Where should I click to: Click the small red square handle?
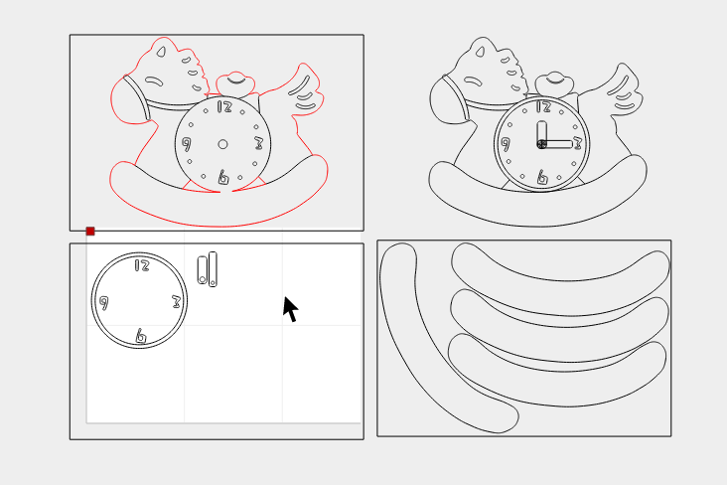pos(90,232)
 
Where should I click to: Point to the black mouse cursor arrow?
pos(290,309)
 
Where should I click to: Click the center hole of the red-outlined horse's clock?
pos(222,144)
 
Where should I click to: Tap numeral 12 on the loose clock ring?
pos(142,265)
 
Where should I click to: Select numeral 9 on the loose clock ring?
pos(104,303)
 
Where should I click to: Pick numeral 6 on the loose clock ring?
pos(140,336)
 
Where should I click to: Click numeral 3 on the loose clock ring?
pos(176,302)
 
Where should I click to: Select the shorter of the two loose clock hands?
pos(203,269)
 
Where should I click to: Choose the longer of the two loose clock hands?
pos(213,269)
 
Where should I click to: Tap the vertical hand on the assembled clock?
pos(541,134)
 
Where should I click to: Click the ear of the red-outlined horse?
pos(161,52)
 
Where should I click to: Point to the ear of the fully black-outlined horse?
pos(480,52)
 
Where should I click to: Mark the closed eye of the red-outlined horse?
pos(154,81)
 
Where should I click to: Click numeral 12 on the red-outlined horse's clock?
pos(224,107)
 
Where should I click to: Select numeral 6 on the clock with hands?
pos(542,177)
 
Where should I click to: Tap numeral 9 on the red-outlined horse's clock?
pos(187,144)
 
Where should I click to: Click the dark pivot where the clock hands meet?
pos(541,144)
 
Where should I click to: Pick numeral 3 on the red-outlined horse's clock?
pos(258,143)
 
